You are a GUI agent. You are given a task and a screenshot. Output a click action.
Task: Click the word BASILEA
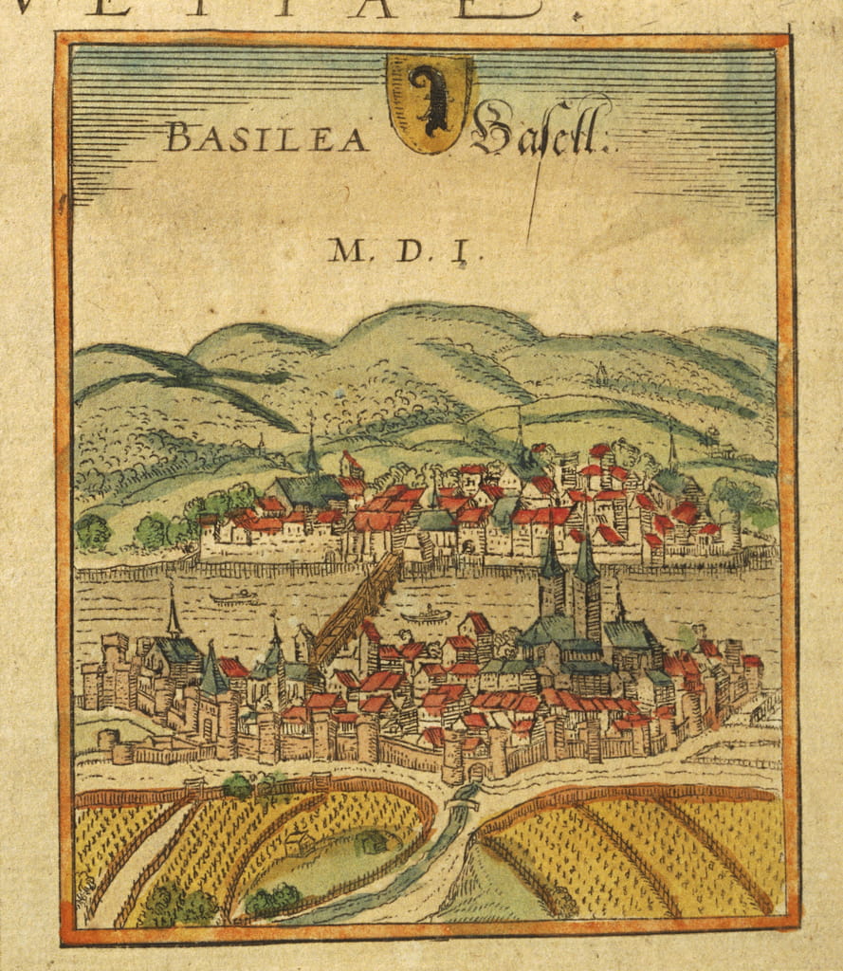[266, 139]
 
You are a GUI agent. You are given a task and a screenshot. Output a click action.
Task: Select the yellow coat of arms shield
[431, 102]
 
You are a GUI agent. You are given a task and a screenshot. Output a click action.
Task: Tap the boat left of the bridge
[236, 597]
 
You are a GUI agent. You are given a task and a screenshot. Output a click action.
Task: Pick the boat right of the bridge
[426, 615]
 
